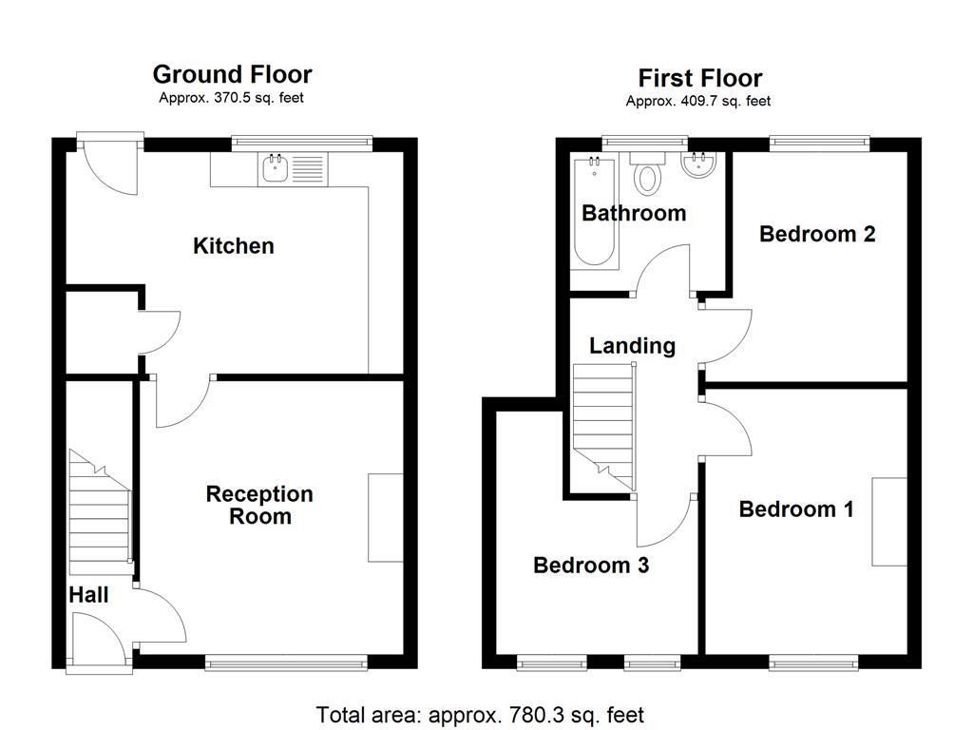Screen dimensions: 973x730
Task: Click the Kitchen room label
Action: click(x=234, y=246)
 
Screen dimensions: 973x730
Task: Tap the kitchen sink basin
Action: click(x=275, y=169)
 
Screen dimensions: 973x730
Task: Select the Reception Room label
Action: click(x=259, y=505)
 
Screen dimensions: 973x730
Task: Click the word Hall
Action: click(x=88, y=595)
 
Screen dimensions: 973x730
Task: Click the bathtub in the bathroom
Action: click(x=595, y=212)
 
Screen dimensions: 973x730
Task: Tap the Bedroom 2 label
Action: click(x=817, y=234)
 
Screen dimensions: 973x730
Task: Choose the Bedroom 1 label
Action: click(x=796, y=509)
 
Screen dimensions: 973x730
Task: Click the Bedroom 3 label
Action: click(x=591, y=565)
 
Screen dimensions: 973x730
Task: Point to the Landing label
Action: click(x=632, y=346)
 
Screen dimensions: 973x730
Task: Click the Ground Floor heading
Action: click(x=232, y=74)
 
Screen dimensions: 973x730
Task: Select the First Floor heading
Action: click(x=700, y=78)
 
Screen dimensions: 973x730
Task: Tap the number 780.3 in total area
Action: click(x=538, y=715)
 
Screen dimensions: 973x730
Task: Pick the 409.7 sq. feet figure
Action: click(x=725, y=101)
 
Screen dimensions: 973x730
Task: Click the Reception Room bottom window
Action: click(x=286, y=663)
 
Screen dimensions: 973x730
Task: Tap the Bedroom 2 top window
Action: click(x=820, y=143)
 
